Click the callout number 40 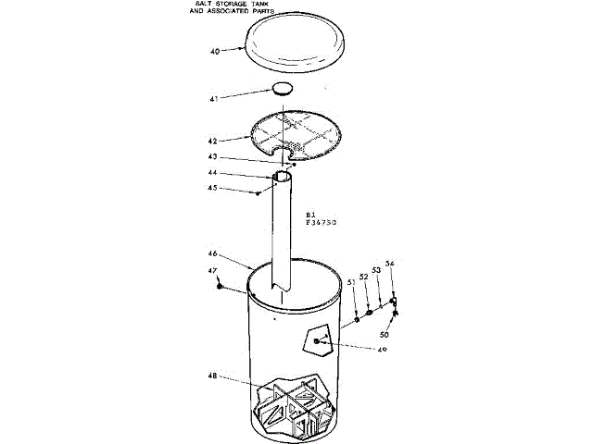coord(215,53)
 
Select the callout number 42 coord(212,142)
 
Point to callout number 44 coord(212,173)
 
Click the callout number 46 coord(212,253)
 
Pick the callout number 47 coord(212,271)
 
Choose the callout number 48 coord(212,376)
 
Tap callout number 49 coord(381,350)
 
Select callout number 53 coord(376,271)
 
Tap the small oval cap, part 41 coord(283,89)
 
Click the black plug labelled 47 coord(220,286)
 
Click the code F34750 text coord(323,223)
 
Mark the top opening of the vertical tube coord(284,174)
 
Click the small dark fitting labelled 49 coord(318,341)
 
